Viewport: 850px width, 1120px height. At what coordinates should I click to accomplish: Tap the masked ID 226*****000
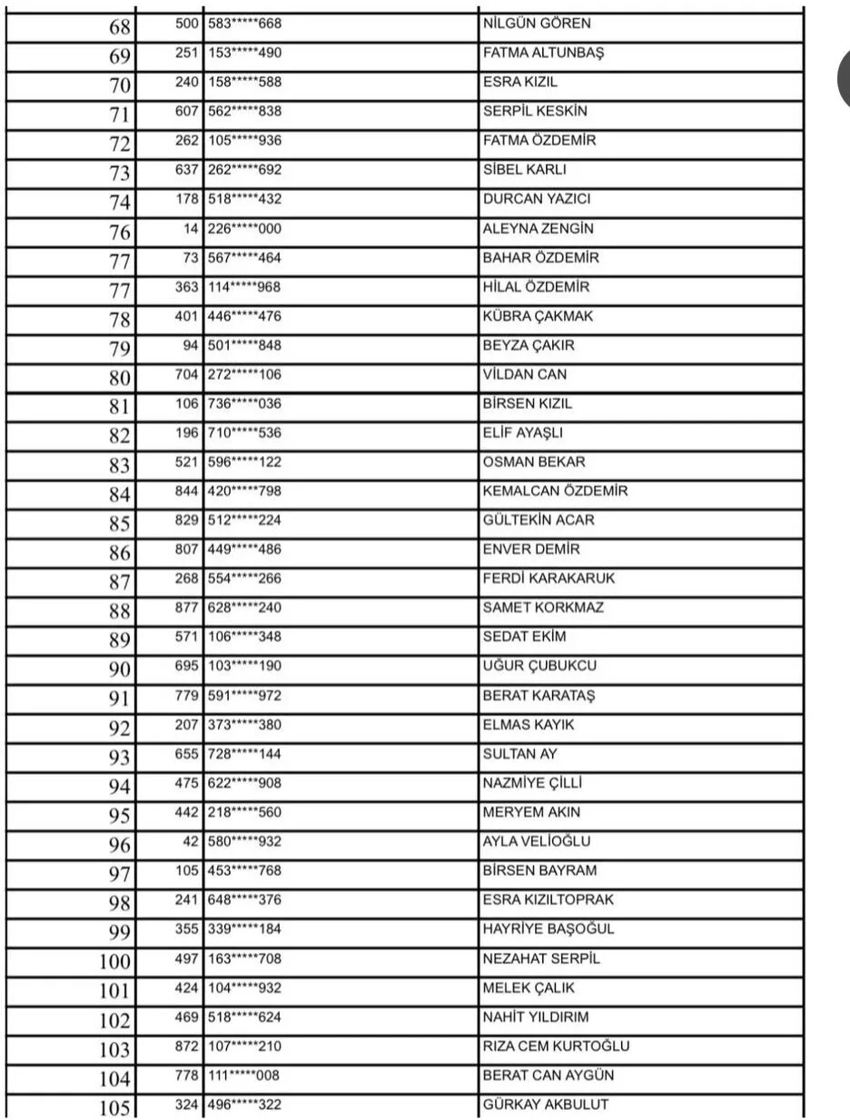click(244, 229)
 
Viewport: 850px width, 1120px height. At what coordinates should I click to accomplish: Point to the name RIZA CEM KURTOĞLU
click(556, 1046)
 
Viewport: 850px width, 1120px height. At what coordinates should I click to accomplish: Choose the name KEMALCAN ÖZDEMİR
click(555, 491)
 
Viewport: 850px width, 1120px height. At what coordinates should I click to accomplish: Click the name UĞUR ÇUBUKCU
click(539, 666)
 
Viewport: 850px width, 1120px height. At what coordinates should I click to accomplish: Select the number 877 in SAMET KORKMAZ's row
click(187, 608)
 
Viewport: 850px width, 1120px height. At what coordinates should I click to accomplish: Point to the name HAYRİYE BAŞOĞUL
click(549, 929)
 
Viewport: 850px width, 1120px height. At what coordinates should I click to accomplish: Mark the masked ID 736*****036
click(244, 404)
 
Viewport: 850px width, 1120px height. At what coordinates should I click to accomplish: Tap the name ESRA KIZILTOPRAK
click(549, 900)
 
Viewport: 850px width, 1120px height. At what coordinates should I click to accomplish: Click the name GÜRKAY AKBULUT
click(546, 1105)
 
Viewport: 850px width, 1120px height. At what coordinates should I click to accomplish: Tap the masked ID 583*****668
click(244, 24)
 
